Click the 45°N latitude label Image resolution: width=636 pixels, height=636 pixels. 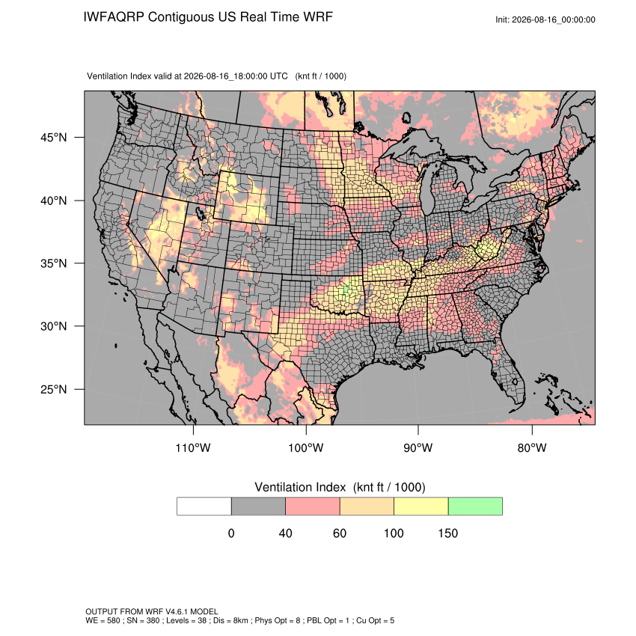pyautogui.click(x=53, y=138)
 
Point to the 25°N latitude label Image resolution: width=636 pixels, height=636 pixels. pyautogui.click(x=53, y=389)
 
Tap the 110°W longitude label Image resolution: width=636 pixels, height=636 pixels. pyautogui.click(x=193, y=447)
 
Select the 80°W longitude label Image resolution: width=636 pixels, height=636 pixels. pyautogui.click(x=532, y=447)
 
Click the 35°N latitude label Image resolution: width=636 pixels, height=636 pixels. pyautogui.click(x=53, y=263)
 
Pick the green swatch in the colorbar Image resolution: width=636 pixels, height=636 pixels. pyautogui.click(x=475, y=507)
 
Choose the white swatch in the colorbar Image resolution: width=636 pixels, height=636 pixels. pyautogui.click(x=204, y=507)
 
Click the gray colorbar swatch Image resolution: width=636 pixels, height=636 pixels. pyautogui.click(x=258, y=507)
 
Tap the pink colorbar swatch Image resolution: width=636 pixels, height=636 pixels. pyautogui.click(x=313, y=507)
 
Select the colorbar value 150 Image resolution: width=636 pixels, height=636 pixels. pyautogui.click(x=447, y=533)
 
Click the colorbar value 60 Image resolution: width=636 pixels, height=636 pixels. pyautogui.click(x=340, y=533)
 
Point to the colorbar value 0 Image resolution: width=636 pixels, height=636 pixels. pyautogui.click(x=231, y=533)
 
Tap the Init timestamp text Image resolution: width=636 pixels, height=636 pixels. pyautogui.click(x=545, y=19)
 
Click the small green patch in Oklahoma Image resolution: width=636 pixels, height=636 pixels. pyautogui.click(x=346, y=289)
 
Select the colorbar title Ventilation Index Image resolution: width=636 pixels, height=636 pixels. pyautogui.click(x=300, y=487)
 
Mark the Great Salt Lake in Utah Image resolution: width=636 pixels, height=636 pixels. pyautogui.click(x=200, y=213)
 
